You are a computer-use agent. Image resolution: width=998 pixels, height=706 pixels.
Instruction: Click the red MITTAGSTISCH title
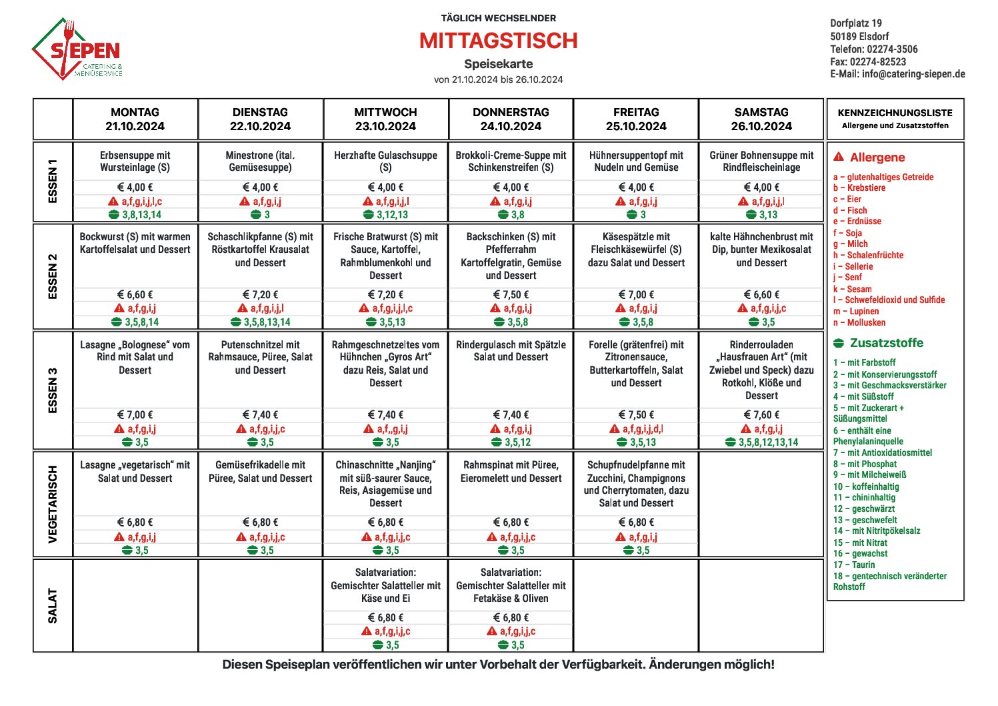(x=498, y=41)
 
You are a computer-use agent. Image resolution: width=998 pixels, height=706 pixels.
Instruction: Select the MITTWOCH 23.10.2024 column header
(x=385, y=119)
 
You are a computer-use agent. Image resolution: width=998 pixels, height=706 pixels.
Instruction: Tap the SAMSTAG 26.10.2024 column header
(x=761, y=119)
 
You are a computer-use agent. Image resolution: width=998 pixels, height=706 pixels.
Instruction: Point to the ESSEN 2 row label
(x=53, y=276)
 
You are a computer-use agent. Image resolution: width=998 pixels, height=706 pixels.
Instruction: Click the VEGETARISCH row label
(x=53, y=504)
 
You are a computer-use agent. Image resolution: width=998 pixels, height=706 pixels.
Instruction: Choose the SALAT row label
(x=53, y=605)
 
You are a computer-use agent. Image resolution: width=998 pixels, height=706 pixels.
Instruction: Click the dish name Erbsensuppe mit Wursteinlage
(x=135, y=161)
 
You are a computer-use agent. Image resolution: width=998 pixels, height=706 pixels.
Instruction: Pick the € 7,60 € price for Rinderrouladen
(x=761, y=415)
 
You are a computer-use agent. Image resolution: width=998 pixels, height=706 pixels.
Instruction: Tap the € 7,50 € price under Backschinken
(x=511, y=295)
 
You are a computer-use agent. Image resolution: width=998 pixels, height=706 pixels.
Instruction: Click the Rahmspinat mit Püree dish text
(x=511, y=472)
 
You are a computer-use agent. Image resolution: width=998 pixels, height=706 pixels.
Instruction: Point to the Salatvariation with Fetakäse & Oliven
(x=511, y=585)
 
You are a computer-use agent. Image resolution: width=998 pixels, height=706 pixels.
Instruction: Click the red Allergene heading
(x=877, y=157)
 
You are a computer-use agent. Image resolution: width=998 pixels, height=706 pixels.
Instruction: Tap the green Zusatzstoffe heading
(x=886, y=343)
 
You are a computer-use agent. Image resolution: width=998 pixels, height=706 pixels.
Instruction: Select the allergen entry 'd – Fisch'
(x=850, y=210)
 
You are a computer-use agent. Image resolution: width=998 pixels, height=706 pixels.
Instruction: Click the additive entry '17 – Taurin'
(x=854, y=565)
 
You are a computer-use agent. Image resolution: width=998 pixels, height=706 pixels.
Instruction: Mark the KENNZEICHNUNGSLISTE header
(x=895, y=113)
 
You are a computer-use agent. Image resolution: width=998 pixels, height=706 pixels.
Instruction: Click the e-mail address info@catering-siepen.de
(x=913, y=74)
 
